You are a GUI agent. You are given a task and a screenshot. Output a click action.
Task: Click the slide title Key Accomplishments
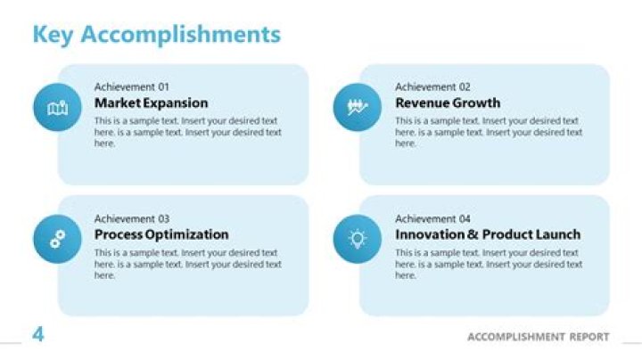click(156, 35)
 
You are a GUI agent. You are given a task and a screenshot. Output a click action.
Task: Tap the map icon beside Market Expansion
click(57, 108)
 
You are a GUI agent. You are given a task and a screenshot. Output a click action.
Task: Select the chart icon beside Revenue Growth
click(358, 108)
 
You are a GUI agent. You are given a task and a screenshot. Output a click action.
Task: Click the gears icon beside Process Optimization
click(57, 239)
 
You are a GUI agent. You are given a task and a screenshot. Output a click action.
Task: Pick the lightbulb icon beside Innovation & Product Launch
click(358, 238)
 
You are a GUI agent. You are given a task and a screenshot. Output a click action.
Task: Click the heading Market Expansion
click(151, 103)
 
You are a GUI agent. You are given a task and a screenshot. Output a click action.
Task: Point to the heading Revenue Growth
click(448, 103)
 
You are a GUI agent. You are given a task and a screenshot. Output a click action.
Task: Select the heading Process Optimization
click(161, 234)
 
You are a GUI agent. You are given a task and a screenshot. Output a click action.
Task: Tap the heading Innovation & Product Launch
click(488, 234)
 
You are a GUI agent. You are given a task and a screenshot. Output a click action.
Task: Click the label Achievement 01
click(131, 87)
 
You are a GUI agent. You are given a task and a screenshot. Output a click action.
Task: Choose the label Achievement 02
click(432, 87)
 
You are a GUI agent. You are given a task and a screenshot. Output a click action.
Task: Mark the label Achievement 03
click(131, 218)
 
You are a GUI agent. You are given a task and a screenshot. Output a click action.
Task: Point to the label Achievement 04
click(432, 218)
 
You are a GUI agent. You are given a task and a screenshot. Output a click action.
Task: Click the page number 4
click(38, 335)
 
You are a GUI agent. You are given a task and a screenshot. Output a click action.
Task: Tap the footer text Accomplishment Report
click(539, 337)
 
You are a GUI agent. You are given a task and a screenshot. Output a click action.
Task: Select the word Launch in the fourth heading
click(554, 234)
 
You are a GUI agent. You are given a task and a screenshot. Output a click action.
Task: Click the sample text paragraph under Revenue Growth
click(489, 132)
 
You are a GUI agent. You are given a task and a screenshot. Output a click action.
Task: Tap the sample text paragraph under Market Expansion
click(187, 132)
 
